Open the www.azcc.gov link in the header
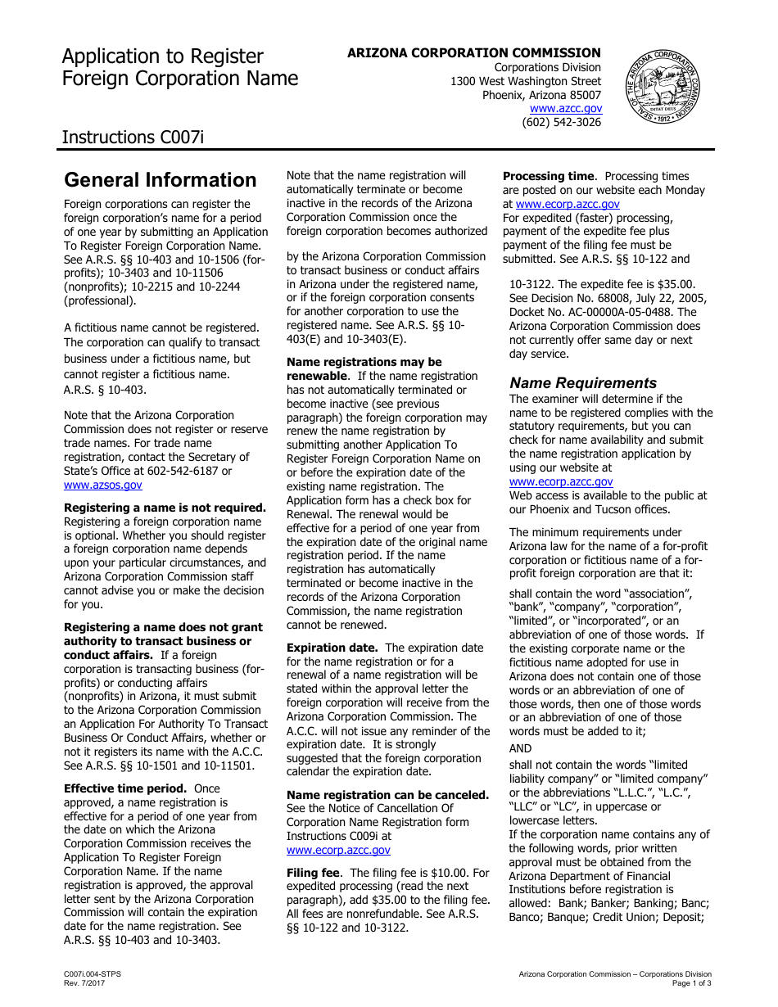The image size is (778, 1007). pyautogui.click(x=565, y=108)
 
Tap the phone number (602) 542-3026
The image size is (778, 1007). pyautogui.click(x=561, y=122)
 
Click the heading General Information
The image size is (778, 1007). pyautogui.click(x=161, y=180)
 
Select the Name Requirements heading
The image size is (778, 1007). pyautogui.click(x=583, y=383)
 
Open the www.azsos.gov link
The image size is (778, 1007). pyautogui.click(x=103, y=485)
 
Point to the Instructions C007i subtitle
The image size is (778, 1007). pyautogui.click(x=133, y=137)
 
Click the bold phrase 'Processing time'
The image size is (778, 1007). pyautogui.click(x=548, y=176)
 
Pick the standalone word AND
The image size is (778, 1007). pyautogui.click(x=520, y=748)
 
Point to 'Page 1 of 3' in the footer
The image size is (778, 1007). pyautogui.click(x=691, y=982)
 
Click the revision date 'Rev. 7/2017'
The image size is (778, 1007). pyautogui.click(x=84, y=982)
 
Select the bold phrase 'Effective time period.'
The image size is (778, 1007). pyautogui.click(x=125, y=788)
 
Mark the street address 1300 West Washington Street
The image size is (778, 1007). pyautogui.click(x=526, y=81)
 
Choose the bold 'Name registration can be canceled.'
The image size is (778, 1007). pyautogui.click(x=387, y=795)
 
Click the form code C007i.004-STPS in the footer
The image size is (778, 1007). pyautogui.click(x=93, y=973)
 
